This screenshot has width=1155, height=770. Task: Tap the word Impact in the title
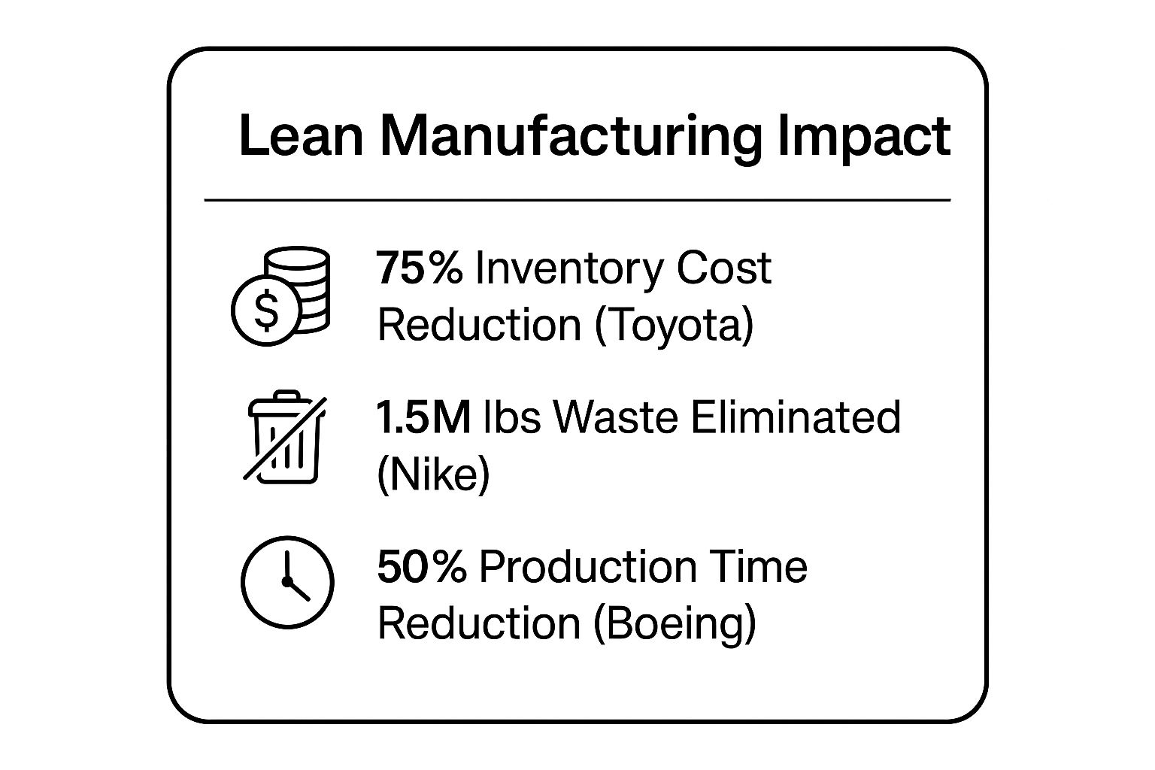point(863,138)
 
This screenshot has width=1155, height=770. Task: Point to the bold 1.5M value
point(423,417)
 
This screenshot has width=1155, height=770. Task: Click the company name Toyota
point(675,326)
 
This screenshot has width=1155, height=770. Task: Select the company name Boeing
point(675,623)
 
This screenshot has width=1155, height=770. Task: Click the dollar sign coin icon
point(266,311)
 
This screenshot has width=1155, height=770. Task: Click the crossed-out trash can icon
point(285,437)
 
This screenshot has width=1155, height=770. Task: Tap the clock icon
point(287,581)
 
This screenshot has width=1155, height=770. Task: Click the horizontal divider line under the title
point(577,201)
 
